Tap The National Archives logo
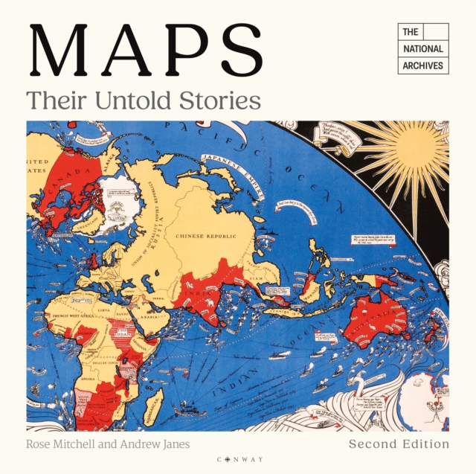pos(422,48)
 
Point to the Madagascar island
pos(152,406)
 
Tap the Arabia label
pos(150,316)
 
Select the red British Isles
pos(93,260)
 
